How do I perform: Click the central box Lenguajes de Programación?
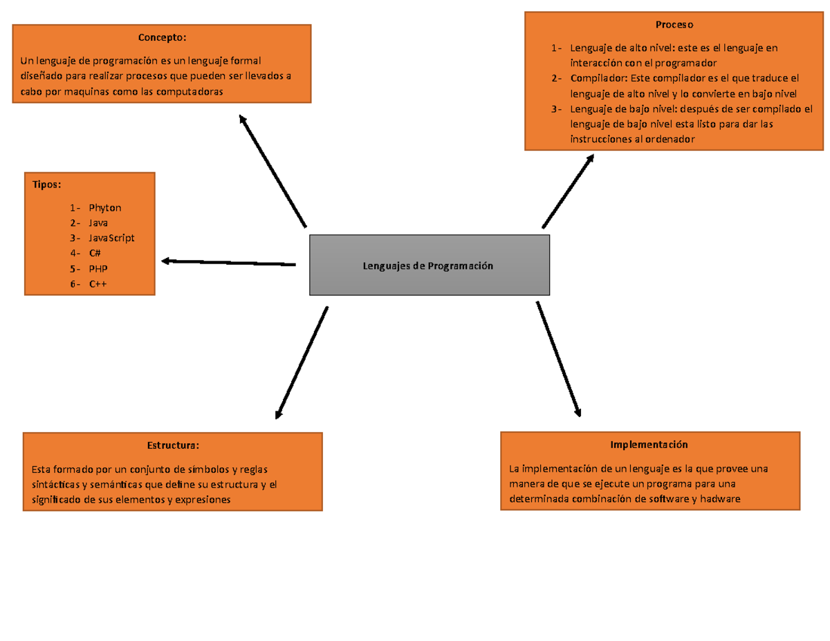point(429,265)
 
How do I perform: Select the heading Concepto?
point(162,37)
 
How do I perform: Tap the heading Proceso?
point(674,25)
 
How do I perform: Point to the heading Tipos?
point(46,185)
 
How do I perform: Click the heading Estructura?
point(173,445)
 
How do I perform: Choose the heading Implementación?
point(649,445)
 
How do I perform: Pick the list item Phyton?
point(105,208)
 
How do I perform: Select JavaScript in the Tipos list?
point(111,239)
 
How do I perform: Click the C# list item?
point(95,253)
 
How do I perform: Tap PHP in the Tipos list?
point(98,269)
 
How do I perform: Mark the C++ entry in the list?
point(98,284)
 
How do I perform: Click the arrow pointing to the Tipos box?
point(228,263)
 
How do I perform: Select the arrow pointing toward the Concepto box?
point(273,171)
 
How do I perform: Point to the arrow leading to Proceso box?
point(568,191)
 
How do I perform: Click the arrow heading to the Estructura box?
point(302,363)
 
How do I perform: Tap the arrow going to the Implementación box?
point(558,359)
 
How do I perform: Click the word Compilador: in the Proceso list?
point(599,78)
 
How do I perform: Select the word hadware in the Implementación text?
point(720,499)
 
